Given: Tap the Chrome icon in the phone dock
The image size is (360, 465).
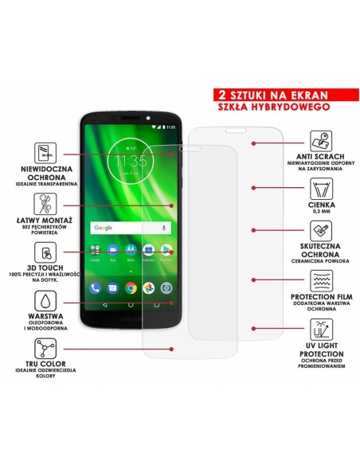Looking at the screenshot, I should pyautogui.click(x=131, y=287).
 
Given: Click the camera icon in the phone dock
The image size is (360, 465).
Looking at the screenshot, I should pyautogui.click(x=166, y=287).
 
